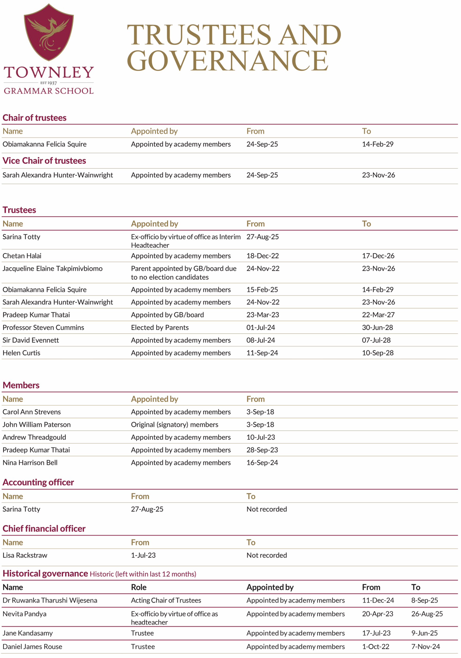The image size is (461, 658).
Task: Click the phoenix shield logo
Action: pyautogui.click(x=49, y=32)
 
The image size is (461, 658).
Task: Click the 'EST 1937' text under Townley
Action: pyautogui.click(x=49, y=83)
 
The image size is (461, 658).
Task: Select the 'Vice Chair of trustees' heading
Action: pyautogui.click(x=44, y=161)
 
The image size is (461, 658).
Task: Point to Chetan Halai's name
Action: pyautogui.click(x=22, y=256)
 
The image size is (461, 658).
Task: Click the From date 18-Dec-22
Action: pyautogui.click(x=262, y=256)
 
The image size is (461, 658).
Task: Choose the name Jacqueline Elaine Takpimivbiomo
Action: pyautogui.click(x=52, y=269)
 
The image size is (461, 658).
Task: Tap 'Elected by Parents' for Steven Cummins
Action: pyautogui.click(x=160, y=327)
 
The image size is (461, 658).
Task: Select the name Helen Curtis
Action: pyautogui.click(x=22, y=353)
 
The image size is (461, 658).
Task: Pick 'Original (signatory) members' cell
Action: pyautogui.click(x=174, y=425)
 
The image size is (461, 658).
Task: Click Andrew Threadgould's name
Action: pyautogui.click(x=34, y=437)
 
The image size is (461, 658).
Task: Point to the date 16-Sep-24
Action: pyautogui.click(x=262, y=463)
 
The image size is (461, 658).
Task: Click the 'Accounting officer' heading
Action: pyautogui.click(x=38, y=483)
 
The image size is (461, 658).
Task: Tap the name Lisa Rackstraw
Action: pyautogui.click(x=25, y=555)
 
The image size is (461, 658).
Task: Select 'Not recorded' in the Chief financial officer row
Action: pyautogui.click(x=266, y=555)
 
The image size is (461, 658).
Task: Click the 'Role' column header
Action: pyautogui.click(x=139, y=588)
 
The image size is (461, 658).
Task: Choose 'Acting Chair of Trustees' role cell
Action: pyautogui.click(x=166, y=600)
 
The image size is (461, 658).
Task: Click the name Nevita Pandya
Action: pyautogui.click(x=24, y=614)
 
